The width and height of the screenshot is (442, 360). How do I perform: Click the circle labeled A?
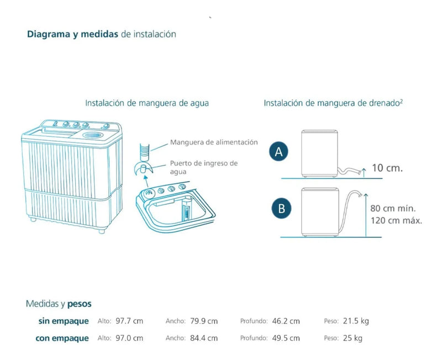pyautogui.click(x=278, y=151)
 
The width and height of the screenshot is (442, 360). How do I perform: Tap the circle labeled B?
pyautogui.click(x=281, y=209)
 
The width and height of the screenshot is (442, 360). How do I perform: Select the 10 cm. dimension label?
pyautogui.click(x=387, y=168)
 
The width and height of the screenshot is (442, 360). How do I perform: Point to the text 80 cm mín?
pyautogui.click(x=393, y=209)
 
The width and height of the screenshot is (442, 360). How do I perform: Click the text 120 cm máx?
pyautogui.click(x=396, y=220)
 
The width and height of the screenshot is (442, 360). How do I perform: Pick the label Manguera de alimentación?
pyautogui.click(x=214, y=142)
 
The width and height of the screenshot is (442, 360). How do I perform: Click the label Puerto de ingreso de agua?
pyautogui.click(x=203, y=167)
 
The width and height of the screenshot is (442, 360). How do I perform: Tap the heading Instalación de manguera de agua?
pyautogui.click(x=147, y=103)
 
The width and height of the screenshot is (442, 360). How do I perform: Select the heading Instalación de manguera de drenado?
pyautogui.click(x=333, y=103)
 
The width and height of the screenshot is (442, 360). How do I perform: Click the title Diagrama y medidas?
pyautogui.click(x=72, y=34)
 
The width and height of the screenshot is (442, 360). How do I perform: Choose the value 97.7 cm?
pyautogui.click(x=129, y=321)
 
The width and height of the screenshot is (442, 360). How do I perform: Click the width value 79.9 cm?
pyautogui.click(x=204, y=321)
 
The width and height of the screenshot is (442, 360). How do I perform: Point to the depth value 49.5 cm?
pyautogui.click(x=286, y=338)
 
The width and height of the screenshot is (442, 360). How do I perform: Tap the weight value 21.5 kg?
pyautogui.click(x=356, y=321)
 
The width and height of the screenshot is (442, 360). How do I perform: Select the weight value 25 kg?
pyautogui.click(x=352, y=338)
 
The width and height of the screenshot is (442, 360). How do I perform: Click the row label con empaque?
pyautogui.click(x=62, y=338)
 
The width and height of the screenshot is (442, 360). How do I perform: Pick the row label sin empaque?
pyautogui.click(x=64, y=321)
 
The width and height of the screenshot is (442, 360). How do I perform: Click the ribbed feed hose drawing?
pyautogui.click(x=145, y=152)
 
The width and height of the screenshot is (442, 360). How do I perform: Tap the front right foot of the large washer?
pyautogui.click(x=102, y=231)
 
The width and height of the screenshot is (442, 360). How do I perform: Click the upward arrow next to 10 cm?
pyautogui.click(x=364, y=172)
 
